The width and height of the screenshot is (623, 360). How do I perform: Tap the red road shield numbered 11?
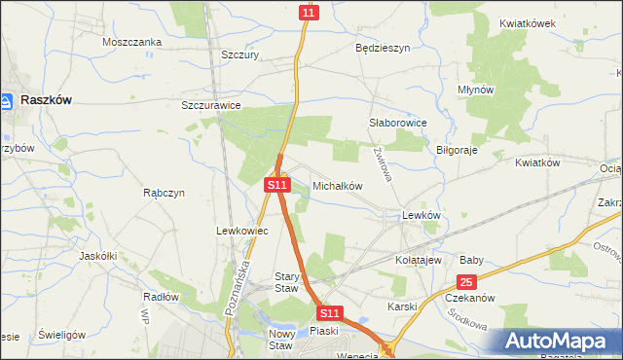coord(309,12)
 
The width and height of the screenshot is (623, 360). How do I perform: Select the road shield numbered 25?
coord(467,282)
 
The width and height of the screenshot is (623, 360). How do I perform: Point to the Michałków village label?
coord(337,185)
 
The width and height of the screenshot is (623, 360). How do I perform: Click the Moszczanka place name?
coord(131,43)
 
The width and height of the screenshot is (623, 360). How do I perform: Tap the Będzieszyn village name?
coord(383,47)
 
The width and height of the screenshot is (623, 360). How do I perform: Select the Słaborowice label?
coord(399,124)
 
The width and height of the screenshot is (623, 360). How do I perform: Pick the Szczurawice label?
coord(211,105)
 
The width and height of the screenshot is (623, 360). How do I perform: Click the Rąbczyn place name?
coord(164,193)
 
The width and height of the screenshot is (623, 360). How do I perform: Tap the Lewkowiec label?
coord(235,231)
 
